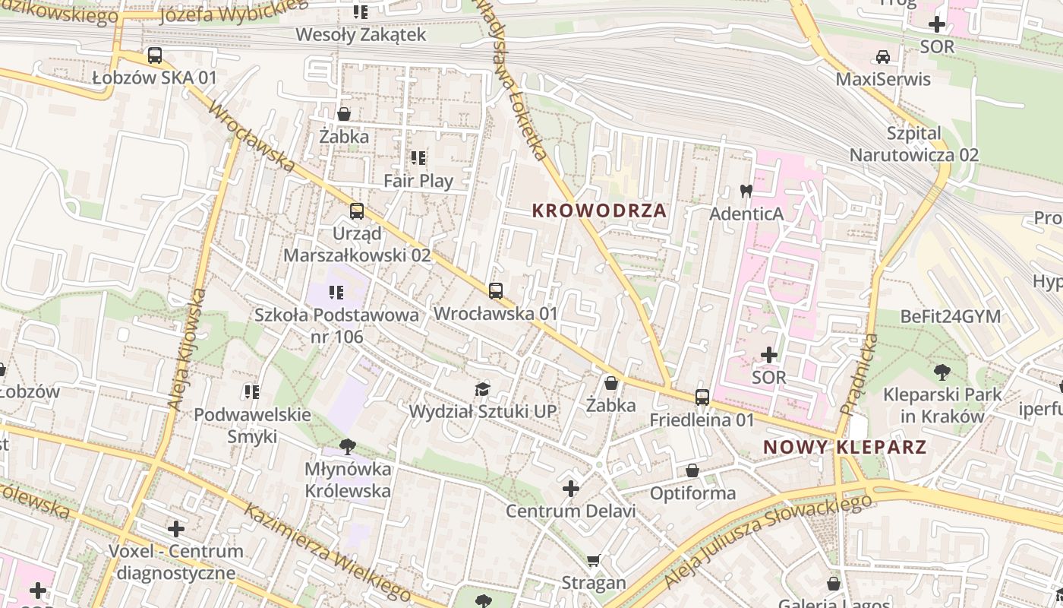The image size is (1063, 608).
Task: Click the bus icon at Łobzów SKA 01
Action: click(x=154, y=55)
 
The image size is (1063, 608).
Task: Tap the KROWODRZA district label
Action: click(x=599, y=211)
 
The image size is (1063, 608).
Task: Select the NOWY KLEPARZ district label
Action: click(x=845, y=447)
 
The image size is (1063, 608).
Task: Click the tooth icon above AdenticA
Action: click(x=746, y=191)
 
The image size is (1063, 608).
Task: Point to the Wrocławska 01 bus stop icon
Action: click(x=496, y=290)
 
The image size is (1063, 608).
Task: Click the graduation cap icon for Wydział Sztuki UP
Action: click(x=482, y=389)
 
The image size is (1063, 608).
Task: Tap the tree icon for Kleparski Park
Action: click(x=942, y=372)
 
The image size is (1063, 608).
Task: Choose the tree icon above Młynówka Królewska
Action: click(x=348, y=446)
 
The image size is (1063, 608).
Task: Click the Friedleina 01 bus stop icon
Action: click(x=702, y=397)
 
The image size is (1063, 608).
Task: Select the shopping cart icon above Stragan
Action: click(x=594, y=561)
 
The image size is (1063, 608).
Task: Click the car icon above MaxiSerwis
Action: click(x=882, y=57)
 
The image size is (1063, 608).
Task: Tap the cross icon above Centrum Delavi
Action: click(x=571, y=488)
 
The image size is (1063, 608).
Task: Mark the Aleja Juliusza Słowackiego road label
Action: click(x=767, y=541)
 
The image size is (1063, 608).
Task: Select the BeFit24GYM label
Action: click(x=950, y=316)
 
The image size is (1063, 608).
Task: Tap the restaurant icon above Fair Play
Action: click(x=418, y=158)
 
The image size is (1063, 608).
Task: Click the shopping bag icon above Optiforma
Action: click(x=692, y=471)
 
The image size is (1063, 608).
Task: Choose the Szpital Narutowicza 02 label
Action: click(x=914, y=144)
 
